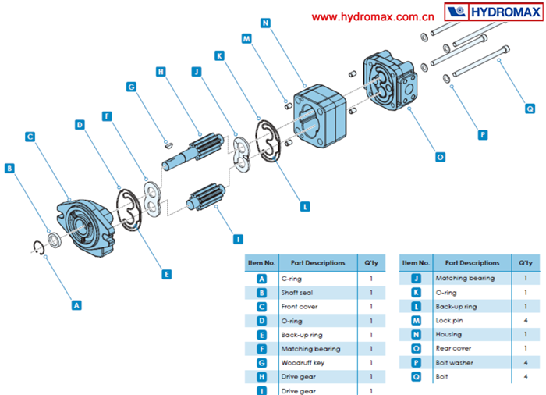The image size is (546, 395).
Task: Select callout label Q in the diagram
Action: click(530, 109)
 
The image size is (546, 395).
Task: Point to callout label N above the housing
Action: click(266, 23)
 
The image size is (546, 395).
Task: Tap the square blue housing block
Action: click(320, 117)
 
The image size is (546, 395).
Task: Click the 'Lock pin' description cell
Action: click(448, 320)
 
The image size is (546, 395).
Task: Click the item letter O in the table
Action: click(414, 348)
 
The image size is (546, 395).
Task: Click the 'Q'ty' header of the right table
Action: click(524, 262)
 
